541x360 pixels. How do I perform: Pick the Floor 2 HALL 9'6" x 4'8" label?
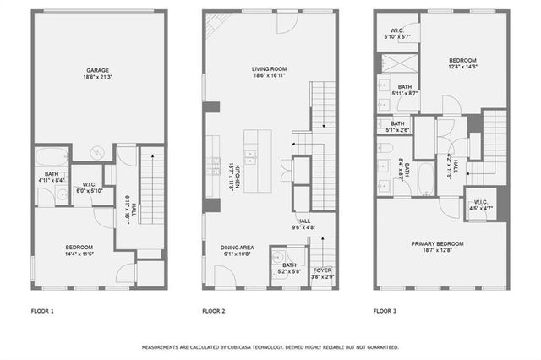pos(303,223)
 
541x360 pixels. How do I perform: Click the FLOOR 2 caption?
pos(213,312)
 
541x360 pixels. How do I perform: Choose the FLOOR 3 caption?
pos(385,312)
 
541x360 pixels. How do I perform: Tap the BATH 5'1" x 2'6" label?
pos(397,127)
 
